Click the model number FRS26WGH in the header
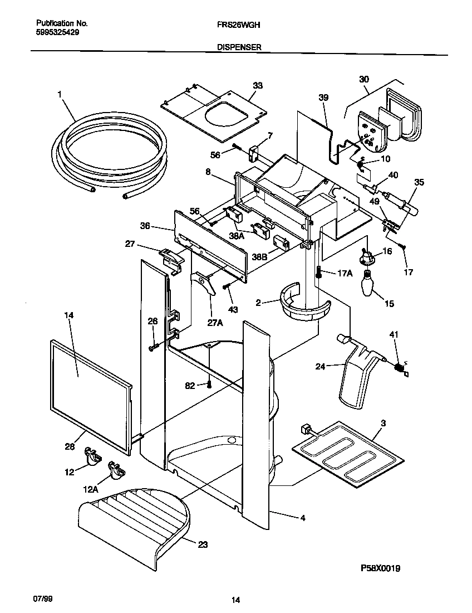pyautogui.click(x=236, y=25)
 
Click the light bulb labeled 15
pyautogui.click(x=368, y=284)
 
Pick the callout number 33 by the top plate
pyautogui.click(x=257, y=86)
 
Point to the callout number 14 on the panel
pyautogui.click(x=68, y=315)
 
